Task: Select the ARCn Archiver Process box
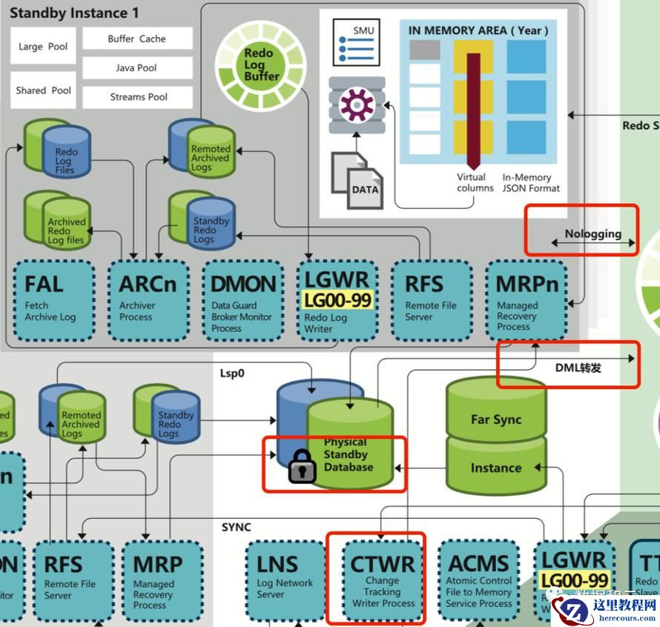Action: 148,299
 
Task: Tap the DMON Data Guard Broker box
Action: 242,299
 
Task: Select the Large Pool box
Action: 43,47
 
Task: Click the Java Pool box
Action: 137,68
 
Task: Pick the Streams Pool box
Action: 137,97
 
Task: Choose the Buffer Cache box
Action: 137,39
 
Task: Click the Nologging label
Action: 593,234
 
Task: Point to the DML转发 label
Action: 578,367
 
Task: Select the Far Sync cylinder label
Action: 496,419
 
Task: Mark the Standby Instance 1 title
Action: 74,13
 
